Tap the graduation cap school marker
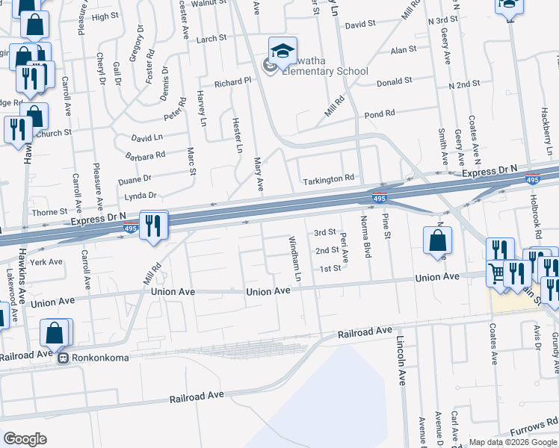(x=282, y=51)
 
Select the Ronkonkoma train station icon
(x=65, y=358)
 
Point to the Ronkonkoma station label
(x=101, y=358)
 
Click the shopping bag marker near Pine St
(x=437, y=240)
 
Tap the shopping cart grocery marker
(x=496, y=273)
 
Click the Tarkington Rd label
(x=327, y=180)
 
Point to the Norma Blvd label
(x=366, y=237)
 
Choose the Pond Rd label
(x=379, y=114)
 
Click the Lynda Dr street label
(x=142, y=196)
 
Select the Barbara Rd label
(x=146, y=156)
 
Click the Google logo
(x=25, y=439)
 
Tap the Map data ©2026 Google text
(x=512, y=442)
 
